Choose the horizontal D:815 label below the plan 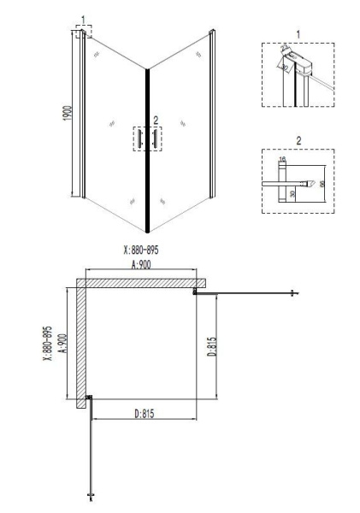(x=148, y=414)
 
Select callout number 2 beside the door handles (x=155, y=121)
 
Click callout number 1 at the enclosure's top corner (x=83, y=19)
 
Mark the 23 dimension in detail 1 (x=282, y=50)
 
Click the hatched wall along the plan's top (x=141, y=281)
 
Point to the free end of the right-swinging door (x=293, y=293)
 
